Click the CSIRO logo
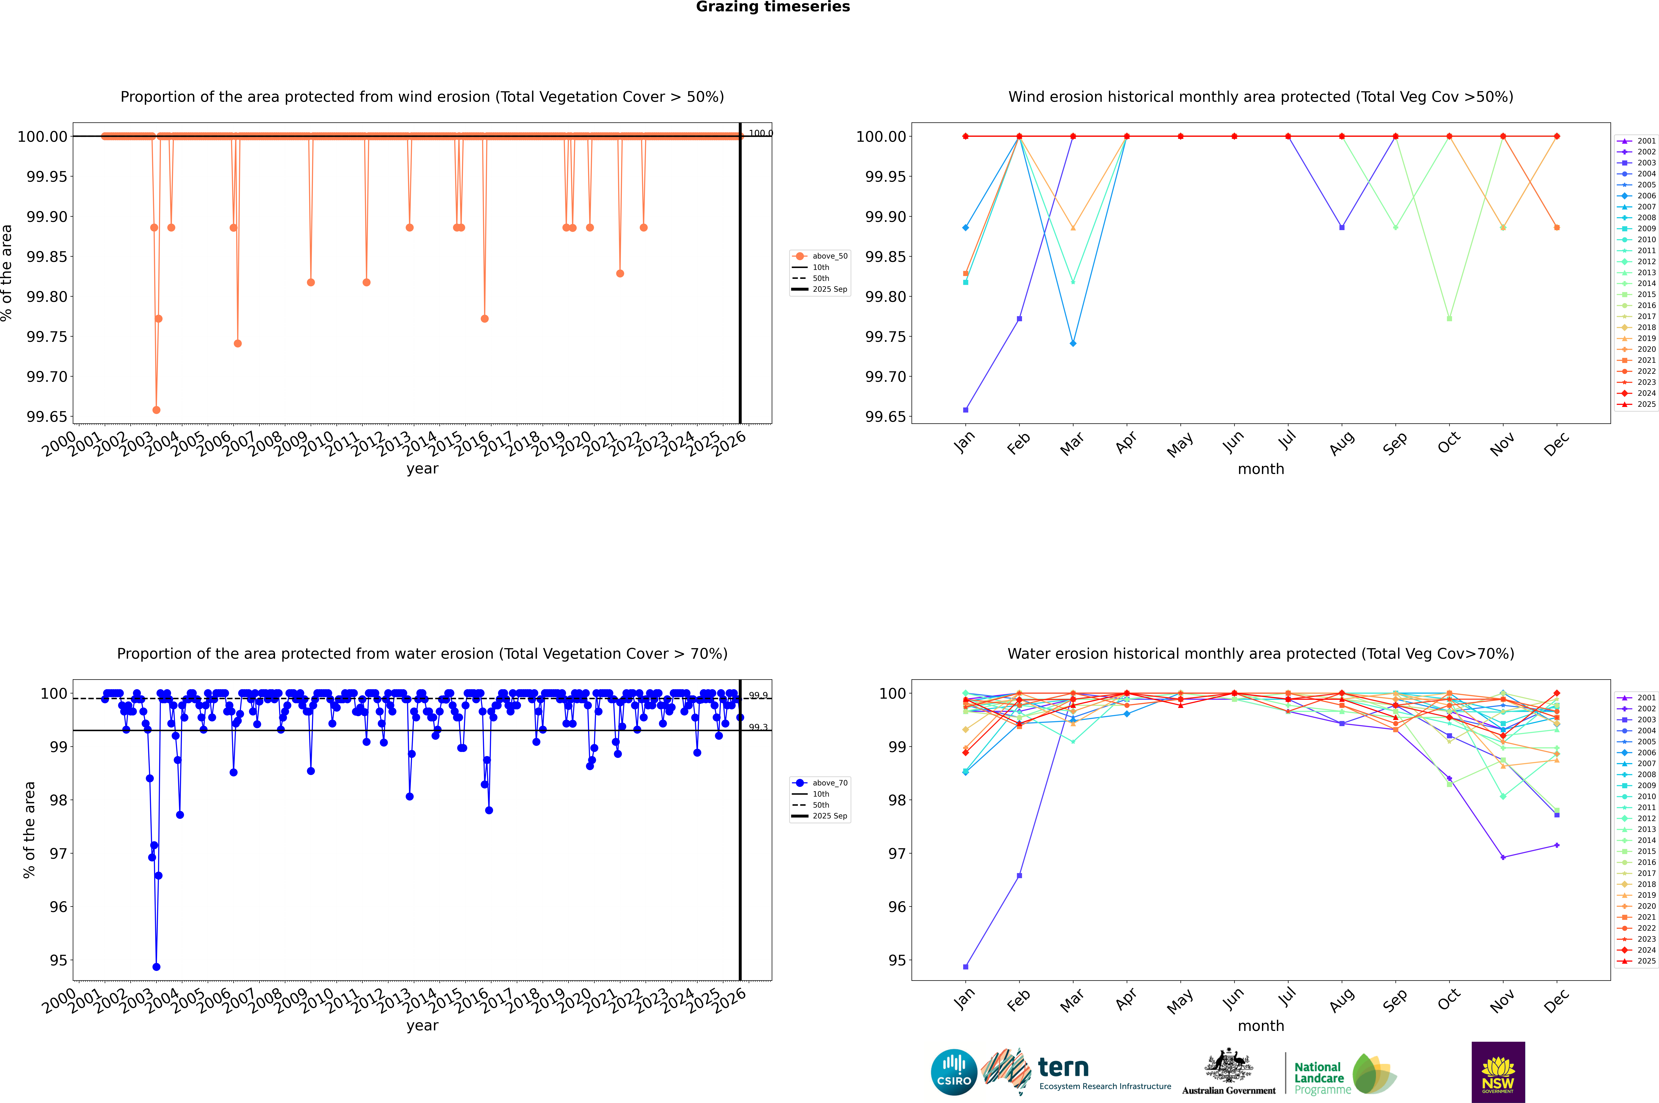click(954, 1072)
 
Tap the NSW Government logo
click(1498, 1072)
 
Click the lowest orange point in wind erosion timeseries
click(156, 409)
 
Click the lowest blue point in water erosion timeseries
click(156, 966)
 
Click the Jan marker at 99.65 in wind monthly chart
click(966, 409)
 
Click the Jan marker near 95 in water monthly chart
click(966, 966)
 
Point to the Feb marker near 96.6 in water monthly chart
click(1019, 876)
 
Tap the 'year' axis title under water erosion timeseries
click(422, 1026)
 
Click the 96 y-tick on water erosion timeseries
click(58, 907)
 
